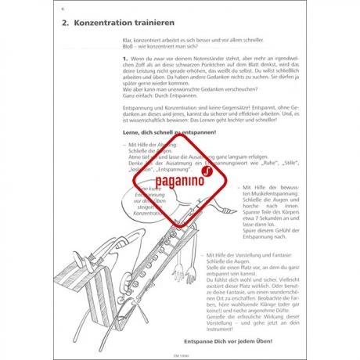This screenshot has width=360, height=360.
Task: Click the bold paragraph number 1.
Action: click(126, 59)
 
